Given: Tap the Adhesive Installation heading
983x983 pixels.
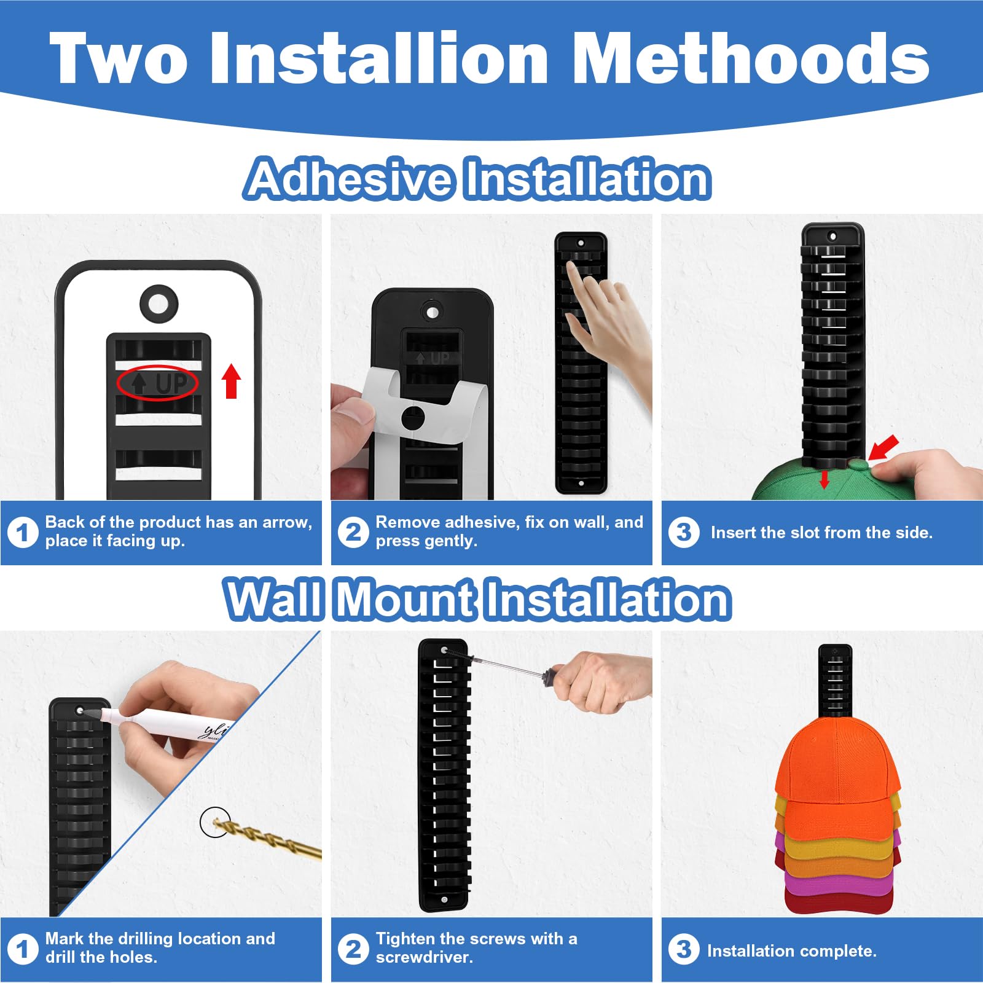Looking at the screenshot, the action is click(x=478, y=178).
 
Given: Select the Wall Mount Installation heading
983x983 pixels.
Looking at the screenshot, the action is click(x=478, y=599).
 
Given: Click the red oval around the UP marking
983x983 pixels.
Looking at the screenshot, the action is click(x=157, y=383).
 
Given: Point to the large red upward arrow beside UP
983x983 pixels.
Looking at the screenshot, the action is click(x=231, y=381).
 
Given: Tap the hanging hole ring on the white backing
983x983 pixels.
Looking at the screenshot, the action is click(x=159, y=303).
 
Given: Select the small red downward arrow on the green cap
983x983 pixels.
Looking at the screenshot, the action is click(x=824, y=479).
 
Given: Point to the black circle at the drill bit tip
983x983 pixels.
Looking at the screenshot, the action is click(x=215, y=821).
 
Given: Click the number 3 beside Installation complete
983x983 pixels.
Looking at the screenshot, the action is click(x=684, y=950).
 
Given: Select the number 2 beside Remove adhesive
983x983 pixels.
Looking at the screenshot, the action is click(x=353, y=532).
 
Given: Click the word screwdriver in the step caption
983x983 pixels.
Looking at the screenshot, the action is click(x=423, y=957).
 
